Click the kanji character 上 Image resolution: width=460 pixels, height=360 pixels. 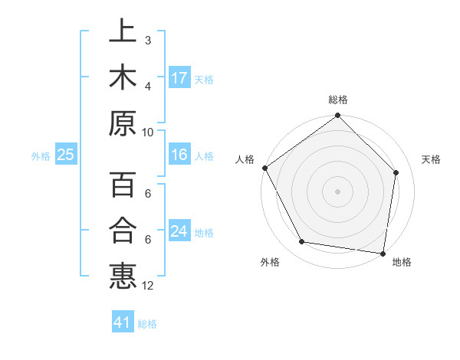click(x=122, y=31)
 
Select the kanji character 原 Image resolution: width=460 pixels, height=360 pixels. click(x=122, y=123)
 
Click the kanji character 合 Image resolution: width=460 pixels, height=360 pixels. click(x=122, y=231)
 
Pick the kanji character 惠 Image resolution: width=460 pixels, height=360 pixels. click(x=122, y=277)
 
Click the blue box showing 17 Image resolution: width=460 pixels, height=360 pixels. click(x=179, y=78)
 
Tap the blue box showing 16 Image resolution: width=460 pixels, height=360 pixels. click(x=179, y=155)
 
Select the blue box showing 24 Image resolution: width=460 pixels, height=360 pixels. click(x=179, y=231)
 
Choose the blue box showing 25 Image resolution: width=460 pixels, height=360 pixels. click(x=65, y=155)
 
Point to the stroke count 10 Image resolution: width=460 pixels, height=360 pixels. click(x=148, y=132)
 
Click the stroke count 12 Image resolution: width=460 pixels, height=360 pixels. click(x=148, y=286)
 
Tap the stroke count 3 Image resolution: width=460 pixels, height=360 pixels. click(x=148, y=40)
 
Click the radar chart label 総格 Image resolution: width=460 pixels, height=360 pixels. click(x=338, y=100)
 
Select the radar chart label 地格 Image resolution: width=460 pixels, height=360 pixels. click(x=402, y=263)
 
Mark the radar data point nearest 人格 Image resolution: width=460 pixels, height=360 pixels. click(x=264, y=168)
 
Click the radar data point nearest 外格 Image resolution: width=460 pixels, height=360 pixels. click(x=302, y=242)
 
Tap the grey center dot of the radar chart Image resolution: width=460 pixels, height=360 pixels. click(x=338, y=191)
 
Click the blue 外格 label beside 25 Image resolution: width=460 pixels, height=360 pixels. click(x=41, y=156)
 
